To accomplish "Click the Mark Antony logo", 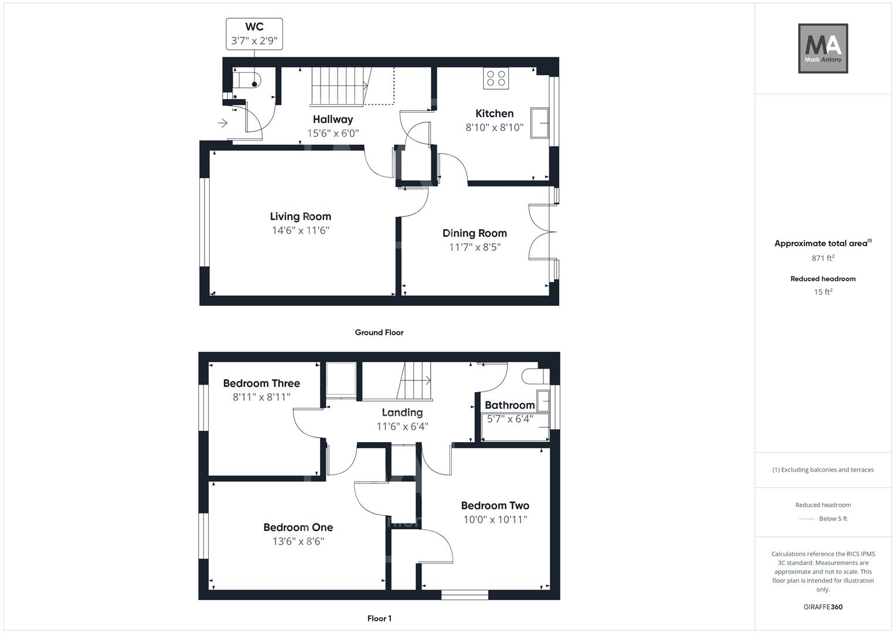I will [823, 49].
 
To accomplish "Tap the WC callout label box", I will [254, 34].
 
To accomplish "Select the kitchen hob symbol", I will [496, 79].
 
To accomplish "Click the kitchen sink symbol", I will [539, 122].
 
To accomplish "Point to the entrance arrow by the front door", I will [223, 123].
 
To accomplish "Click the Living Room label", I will [300, 216].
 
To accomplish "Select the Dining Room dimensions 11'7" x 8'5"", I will [474, 247].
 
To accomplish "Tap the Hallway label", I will [332, 120].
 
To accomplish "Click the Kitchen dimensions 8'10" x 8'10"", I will [494, 128].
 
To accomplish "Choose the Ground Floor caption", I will [379, 332].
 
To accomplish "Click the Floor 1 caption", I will [379, 618].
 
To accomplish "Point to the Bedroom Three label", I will [261, 383].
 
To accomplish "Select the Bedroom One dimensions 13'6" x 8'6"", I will [298, 542].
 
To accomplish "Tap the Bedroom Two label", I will [495, 505].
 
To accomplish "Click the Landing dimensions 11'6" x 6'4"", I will [402, 427].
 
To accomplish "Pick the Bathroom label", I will [509, 405].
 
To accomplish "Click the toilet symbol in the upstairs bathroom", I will [535, 376].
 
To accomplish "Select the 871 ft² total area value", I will [823, 258].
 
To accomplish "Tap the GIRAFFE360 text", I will [823, 607].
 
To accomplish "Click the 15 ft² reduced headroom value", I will [823, 292].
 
